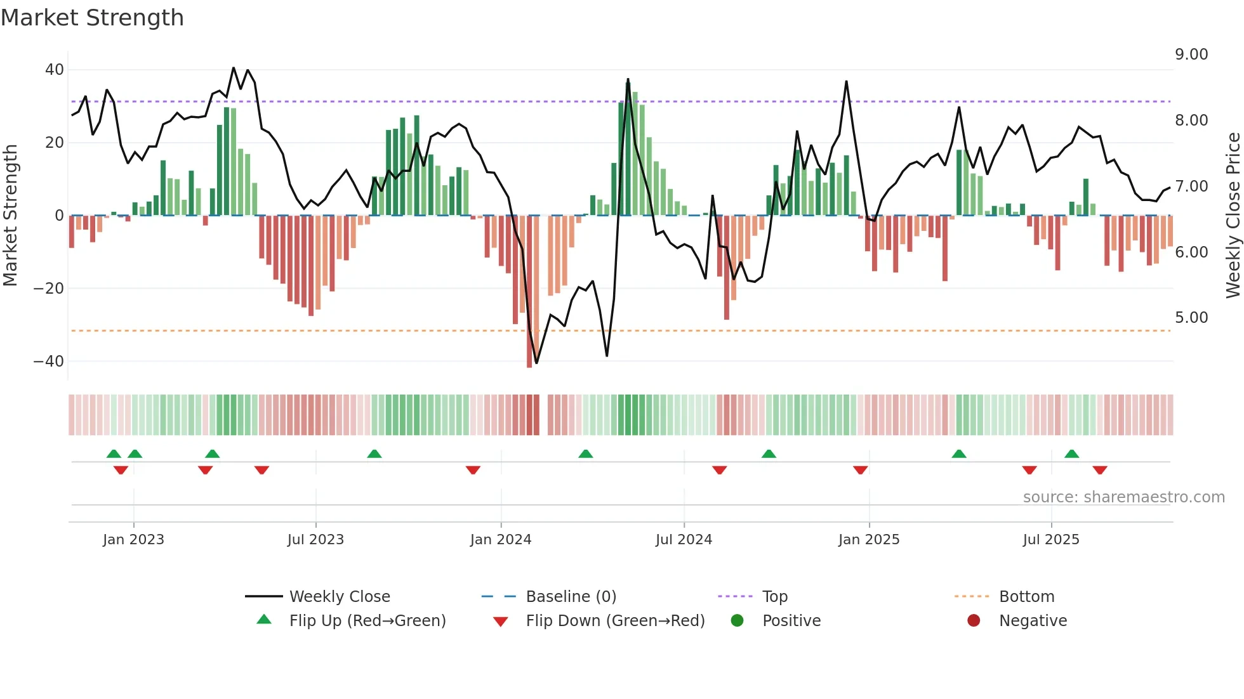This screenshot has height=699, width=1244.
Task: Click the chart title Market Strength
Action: (92, 18)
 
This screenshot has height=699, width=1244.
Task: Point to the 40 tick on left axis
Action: (55, 70)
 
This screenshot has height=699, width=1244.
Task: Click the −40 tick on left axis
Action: (49, 362)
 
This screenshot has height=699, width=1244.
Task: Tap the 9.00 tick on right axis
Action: (1191, 55)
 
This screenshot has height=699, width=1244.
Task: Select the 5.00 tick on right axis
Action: (1191, 318)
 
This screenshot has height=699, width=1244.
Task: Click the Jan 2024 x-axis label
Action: (501, 540)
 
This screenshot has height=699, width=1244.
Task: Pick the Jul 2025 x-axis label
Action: (1051, 540)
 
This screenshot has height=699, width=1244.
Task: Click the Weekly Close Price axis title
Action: (1233, 216)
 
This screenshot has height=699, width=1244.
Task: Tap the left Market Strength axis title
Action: (10, 216)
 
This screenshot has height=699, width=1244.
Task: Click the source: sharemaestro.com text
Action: (1123, 497)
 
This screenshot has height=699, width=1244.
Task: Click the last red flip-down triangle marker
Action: (1100, 470)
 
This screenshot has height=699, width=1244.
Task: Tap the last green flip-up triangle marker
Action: (1071, 454)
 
